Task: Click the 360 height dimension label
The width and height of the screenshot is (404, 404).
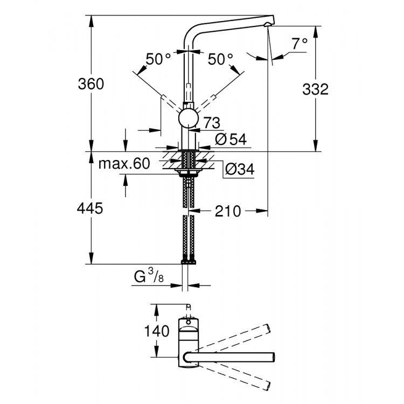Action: pyautogui.click(x=90, y=84)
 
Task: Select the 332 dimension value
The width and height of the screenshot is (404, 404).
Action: pyautogui.click(x=315, y=89)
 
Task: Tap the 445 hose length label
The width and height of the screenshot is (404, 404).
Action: pyautogui.click(x=90, y=208)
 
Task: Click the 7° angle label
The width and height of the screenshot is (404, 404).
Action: pyautogui.click(x=300, y=42)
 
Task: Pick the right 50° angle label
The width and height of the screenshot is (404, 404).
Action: pyautogui.click(x=220, y=59)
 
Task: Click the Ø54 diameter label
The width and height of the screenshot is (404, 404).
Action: pyautogui.click(x=231, y=139)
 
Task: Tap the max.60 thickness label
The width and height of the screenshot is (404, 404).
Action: pyautogui.click(x=123, y=164)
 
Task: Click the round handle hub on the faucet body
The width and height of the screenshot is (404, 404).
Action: pyautogui.click(x=188, y=117)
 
